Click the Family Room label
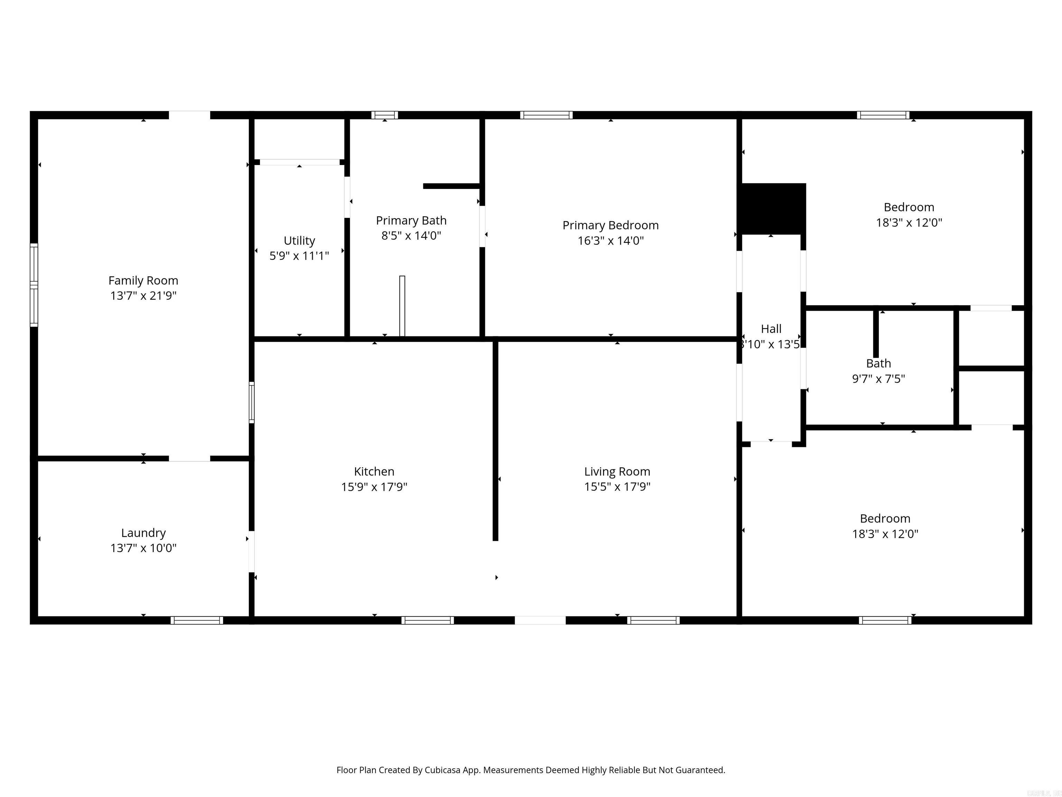(143, 281)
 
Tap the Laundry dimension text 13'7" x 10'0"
(143, 548)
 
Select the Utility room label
(299, 241)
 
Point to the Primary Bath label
(411, 220)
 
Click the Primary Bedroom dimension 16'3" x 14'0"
(610, 241)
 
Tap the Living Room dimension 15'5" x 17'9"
(617, 487)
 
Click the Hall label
(771, 329)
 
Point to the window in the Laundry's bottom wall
(197, 620)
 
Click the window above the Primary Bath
(384, 115)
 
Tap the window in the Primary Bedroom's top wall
(546, 115)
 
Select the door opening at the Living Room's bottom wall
(540, 620)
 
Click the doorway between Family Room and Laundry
(189, 458)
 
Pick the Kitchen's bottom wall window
(427, 620)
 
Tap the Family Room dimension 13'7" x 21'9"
(143, 296)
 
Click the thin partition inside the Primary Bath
(402, 306)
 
